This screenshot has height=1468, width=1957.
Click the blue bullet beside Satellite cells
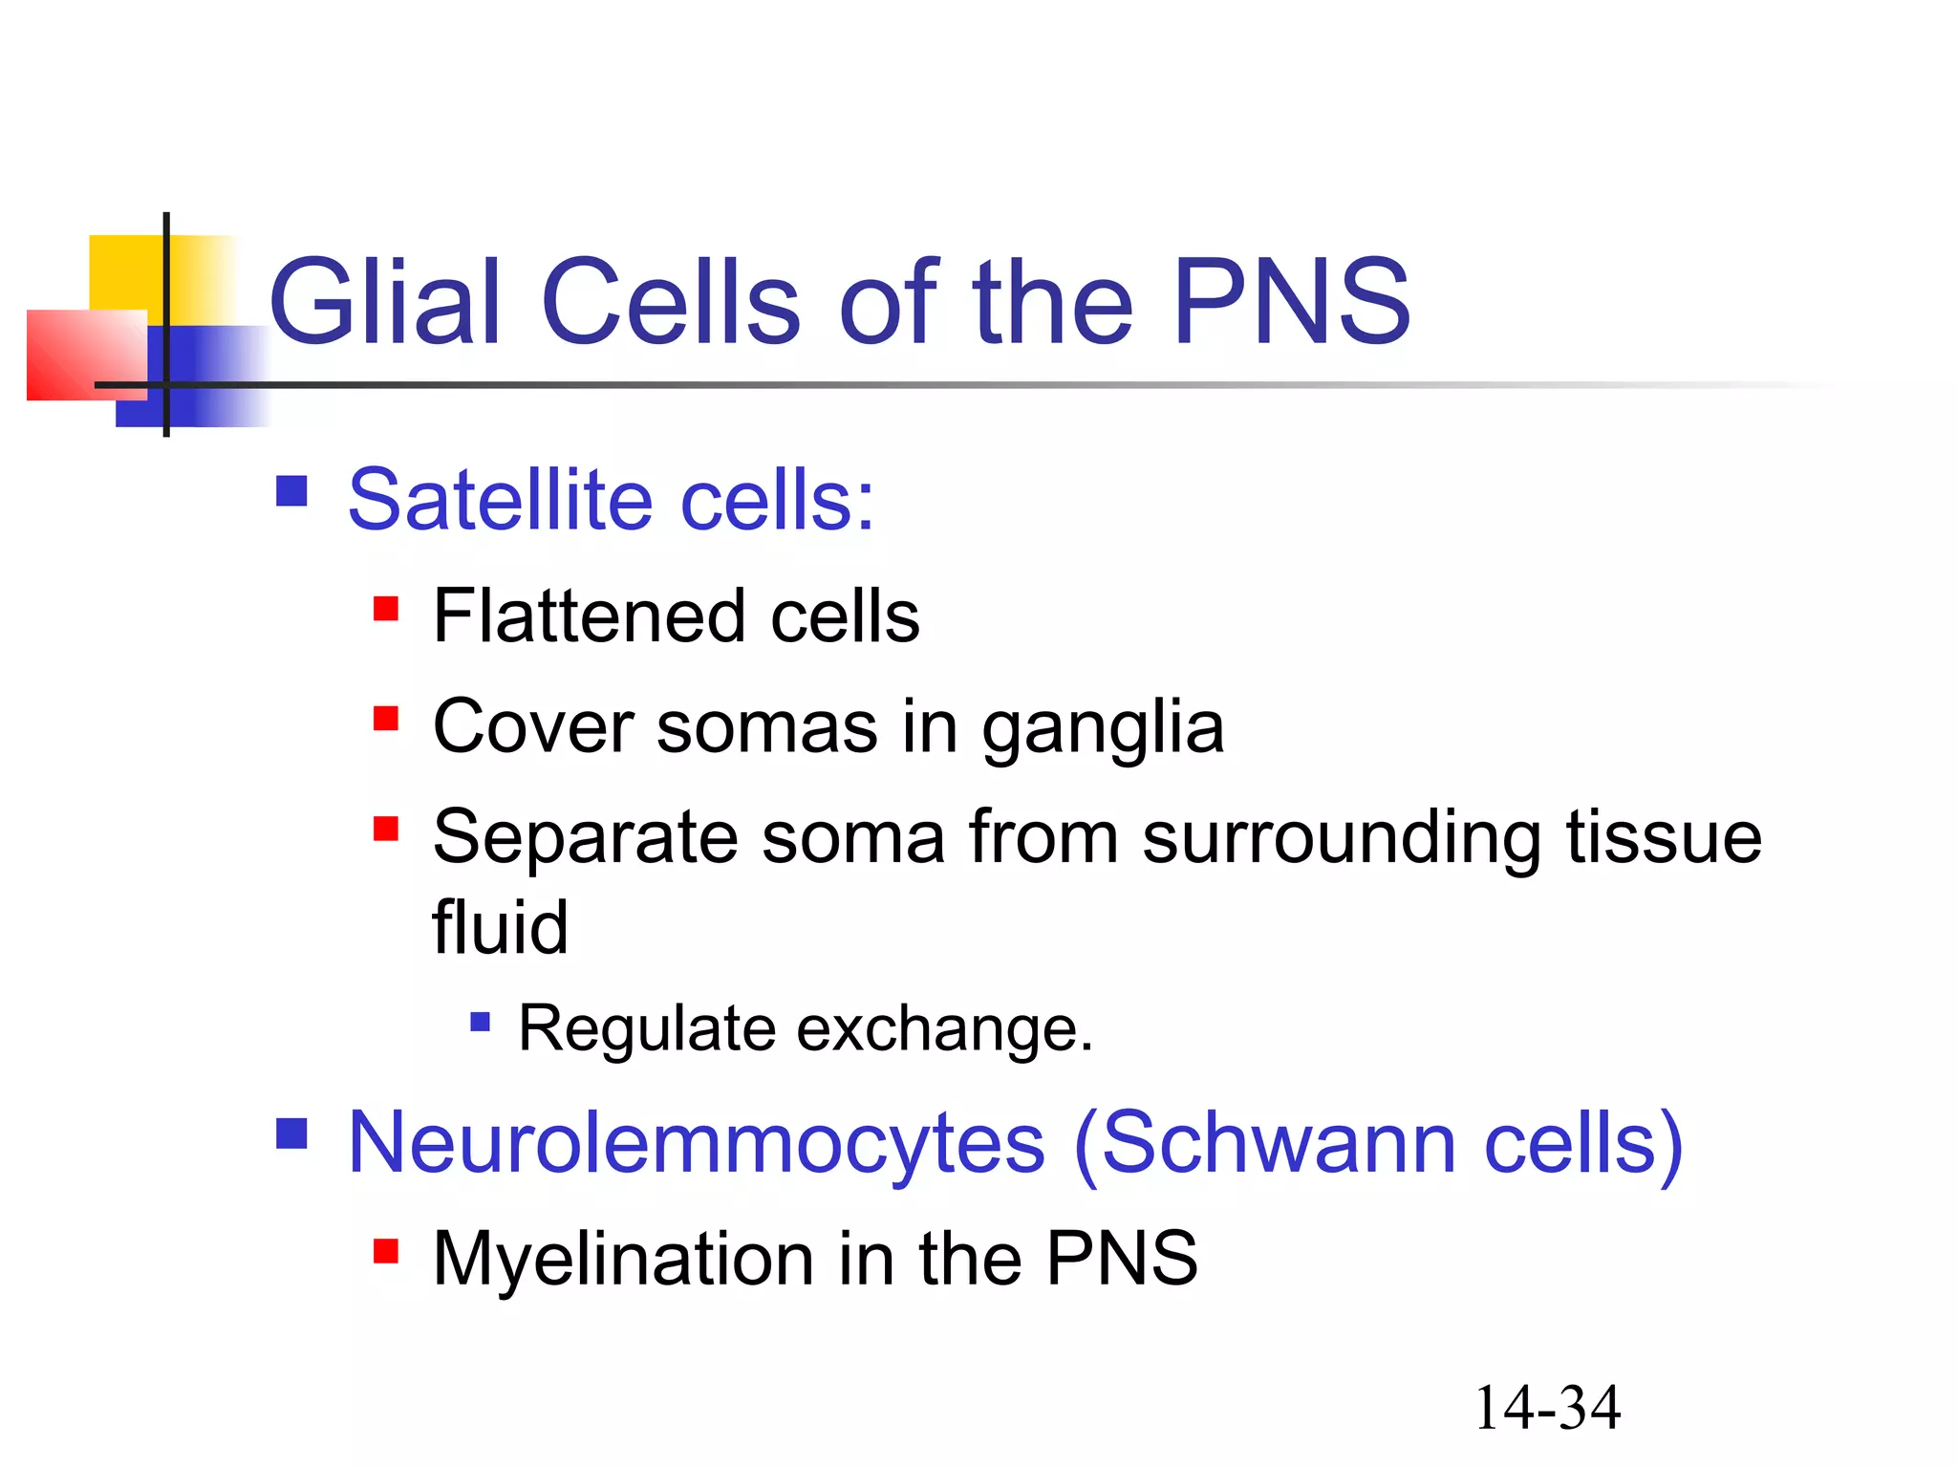pyautogui.click(x=291, y=491)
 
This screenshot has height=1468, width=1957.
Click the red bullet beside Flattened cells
pyautogui.click(x=386, y=609)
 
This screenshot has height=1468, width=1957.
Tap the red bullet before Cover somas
pyautogui.click(x=386, y=719)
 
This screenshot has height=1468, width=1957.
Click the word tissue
pyautogui.click(x=1664, y=836)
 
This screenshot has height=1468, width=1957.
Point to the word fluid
pyautogui.click(x=500, y=927)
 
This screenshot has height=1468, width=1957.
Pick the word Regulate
pyautogui.click(x=647, y=1029)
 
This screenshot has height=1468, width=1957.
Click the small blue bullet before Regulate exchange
pyautogui.click(x=481, y=1024)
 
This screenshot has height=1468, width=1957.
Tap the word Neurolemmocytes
pyautogui.click(x=697, y=1144)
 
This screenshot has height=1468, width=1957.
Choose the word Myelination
pyautogui.click(x=623, y=1259)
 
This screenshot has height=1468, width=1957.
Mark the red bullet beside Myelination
pyautogui.click(x=386, y=1251)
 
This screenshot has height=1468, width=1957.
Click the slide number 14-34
pyautogui.click(x=1547, y=1408)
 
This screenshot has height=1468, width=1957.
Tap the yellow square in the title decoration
pyautogui.click(x=124, y=272)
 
